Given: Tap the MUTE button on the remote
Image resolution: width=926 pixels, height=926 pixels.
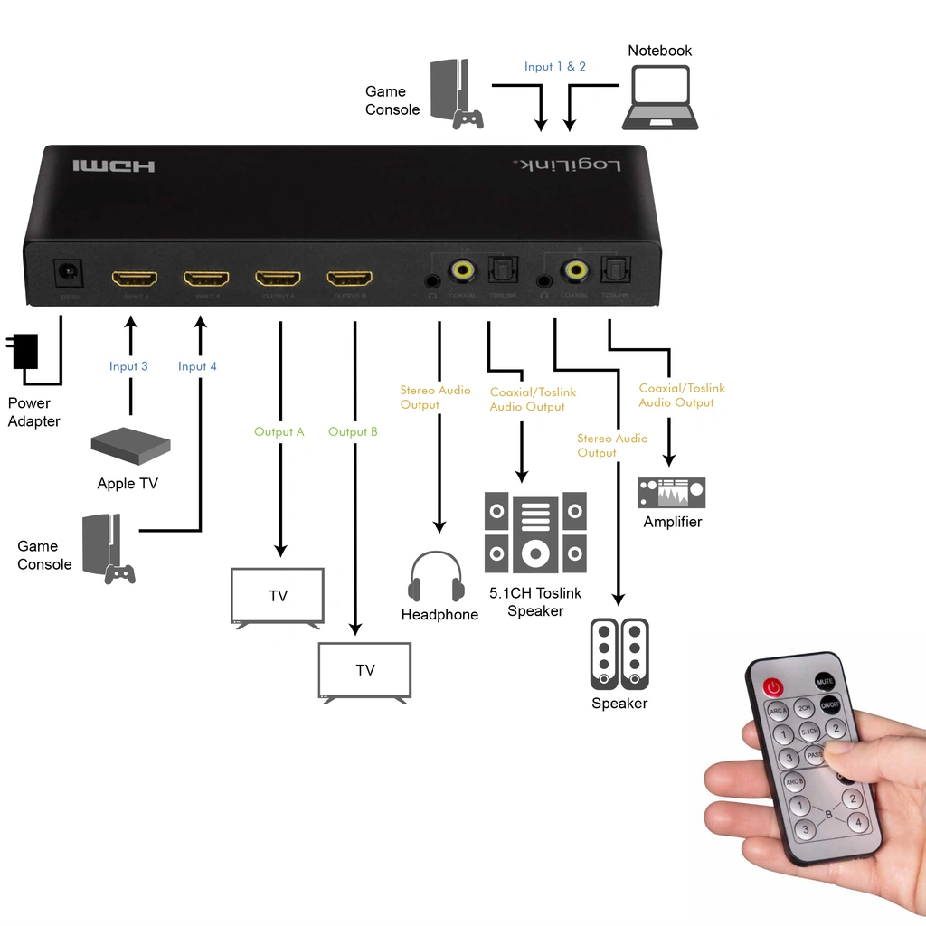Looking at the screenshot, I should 824,681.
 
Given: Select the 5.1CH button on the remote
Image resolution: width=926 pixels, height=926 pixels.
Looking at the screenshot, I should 808,731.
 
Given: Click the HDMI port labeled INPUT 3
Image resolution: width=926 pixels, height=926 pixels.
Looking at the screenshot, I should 134,278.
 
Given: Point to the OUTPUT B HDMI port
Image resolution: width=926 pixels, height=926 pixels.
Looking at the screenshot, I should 350,278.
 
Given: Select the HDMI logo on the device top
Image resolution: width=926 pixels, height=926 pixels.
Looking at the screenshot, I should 114,166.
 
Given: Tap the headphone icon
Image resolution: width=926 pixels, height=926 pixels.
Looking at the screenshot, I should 437,577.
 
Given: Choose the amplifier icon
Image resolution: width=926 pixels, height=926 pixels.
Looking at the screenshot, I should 672,493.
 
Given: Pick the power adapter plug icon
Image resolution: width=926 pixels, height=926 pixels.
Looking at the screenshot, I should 24,351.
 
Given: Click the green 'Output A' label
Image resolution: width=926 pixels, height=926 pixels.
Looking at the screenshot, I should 279,432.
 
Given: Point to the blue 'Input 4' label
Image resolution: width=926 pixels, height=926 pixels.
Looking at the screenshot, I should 197,366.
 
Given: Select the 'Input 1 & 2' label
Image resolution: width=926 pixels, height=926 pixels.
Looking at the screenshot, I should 555,67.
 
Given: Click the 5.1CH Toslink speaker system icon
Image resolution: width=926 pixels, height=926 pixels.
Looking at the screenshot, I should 535,533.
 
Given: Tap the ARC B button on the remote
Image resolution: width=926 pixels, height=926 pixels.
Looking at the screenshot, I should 794,781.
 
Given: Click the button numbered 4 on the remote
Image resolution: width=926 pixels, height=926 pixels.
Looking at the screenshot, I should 856,822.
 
